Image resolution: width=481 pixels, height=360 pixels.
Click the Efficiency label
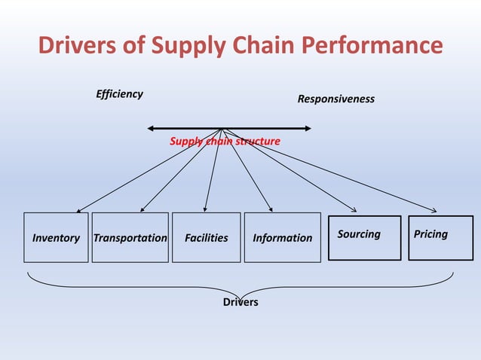(x=119, y=94)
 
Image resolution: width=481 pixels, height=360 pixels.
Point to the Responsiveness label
(x=335, y=99)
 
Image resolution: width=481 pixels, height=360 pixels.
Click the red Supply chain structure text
(x=225, y=141)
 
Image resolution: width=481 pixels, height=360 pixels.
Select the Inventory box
(x=56, y=237)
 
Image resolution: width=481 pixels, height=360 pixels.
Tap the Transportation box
(x=130, y=237)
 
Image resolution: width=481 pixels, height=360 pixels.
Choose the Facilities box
(x=206, y=237)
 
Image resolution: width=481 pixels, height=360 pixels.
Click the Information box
(x=282, y=237)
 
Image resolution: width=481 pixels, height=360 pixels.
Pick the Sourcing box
(x=364, y=237)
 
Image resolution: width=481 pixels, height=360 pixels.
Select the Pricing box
(x=440, y=237)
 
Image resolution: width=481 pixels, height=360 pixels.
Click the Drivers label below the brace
(x=240, y=302)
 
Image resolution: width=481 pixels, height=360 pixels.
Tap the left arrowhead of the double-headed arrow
(x=151, y=129)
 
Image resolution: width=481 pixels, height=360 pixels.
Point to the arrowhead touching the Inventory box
(x=78, y=210)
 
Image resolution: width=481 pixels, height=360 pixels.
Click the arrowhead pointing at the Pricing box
(x=434, y=210)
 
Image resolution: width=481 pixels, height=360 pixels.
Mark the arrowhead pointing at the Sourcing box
(x=355, y=210)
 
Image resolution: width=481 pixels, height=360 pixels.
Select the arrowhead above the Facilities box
(x=206, y=209)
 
